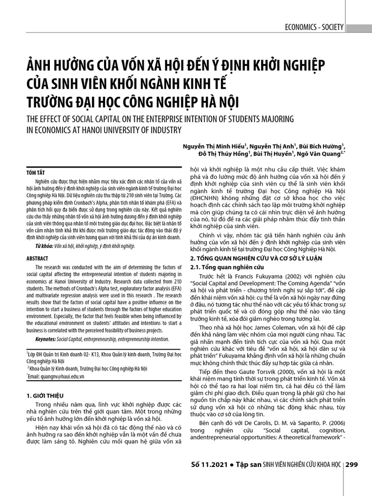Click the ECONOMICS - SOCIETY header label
coord(314,27)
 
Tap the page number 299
coord(352,465)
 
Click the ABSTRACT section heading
coord(37,259)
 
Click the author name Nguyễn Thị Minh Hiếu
coord(213,145)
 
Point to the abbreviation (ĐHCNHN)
coord(205,199)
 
